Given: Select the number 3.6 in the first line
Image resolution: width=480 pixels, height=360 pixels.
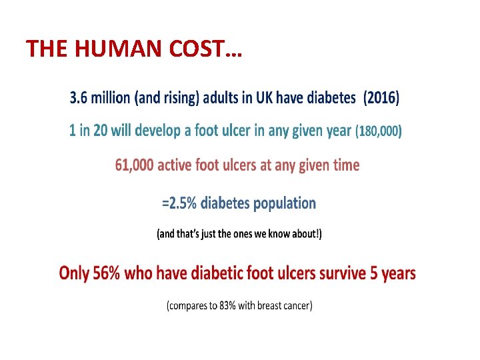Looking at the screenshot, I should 79,99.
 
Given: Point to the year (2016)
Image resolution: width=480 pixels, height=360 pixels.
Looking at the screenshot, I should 381,99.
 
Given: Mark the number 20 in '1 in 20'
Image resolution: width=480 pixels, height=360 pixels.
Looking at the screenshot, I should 100,131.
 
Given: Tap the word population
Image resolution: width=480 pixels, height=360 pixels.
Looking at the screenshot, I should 283,203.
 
